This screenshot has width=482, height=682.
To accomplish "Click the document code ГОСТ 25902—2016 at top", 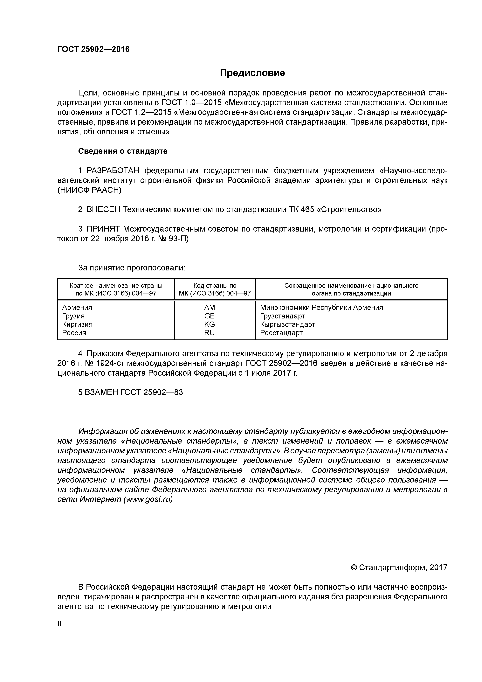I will coord(93,49).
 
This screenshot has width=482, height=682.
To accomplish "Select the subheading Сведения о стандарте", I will coord(123,151).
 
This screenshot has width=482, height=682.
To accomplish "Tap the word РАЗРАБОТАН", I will coord(113,171).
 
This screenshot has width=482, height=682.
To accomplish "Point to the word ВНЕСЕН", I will coord(103,210).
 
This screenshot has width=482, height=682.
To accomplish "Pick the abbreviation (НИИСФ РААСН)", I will coord(89,190).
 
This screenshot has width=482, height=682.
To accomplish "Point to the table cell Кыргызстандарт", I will coord(287,324).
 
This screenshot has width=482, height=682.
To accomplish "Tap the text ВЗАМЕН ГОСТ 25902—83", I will coord(131,392).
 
